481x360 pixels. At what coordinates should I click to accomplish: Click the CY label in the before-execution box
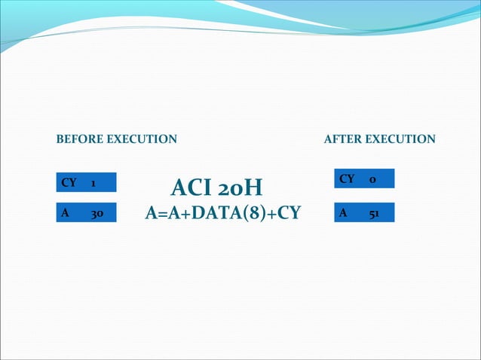tap(69, 183)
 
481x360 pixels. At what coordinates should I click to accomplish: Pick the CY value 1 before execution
tap(93, 183)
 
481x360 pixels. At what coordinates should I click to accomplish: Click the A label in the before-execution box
tap(66, 214)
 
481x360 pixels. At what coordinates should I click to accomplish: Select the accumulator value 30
tap(97, 214)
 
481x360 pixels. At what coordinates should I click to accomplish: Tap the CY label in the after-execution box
tap(347, 179)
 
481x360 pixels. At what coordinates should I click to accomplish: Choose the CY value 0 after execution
tap(372, 179)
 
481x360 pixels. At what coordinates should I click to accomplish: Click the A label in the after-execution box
tap(344, 213)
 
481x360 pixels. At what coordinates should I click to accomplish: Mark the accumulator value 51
tap(374, 213)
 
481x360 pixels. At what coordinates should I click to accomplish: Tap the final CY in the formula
tap(288, 214)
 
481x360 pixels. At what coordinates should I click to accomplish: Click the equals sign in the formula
tap(161, 214)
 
